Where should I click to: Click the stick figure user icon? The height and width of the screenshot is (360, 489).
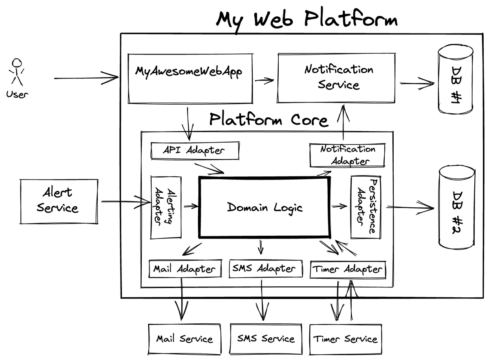(17, 73)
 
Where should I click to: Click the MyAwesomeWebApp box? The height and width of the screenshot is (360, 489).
(189, 77)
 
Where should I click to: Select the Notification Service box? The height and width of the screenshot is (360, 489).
(337, 77)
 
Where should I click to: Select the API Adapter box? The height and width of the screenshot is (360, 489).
(195, 150)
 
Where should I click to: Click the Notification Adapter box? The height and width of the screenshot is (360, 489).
(347, 155)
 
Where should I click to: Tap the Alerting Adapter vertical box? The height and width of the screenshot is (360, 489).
(166, 207)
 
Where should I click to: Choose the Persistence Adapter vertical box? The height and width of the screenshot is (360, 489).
(366, 207)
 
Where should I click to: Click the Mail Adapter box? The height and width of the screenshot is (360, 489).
(185, 269)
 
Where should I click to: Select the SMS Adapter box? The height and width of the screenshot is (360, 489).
(266, 269)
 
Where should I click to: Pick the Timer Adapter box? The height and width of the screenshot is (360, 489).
(347, 269)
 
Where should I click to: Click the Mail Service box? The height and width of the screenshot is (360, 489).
(184, 339)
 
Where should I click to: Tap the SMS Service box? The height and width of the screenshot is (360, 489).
(266, 339)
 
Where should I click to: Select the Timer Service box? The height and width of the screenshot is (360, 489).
(346, 339)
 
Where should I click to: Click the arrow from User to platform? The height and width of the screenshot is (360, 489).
(86, 77)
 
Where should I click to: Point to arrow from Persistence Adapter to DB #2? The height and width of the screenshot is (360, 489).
(410, 208)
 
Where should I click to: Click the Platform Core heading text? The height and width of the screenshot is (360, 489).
(269, 120)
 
